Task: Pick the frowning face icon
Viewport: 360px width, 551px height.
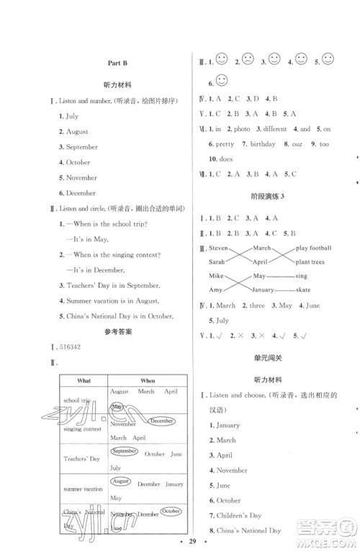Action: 248,60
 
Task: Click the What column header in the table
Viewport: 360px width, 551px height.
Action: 82,380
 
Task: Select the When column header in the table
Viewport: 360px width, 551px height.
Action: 147,380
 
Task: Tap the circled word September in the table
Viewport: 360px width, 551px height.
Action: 124,451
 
